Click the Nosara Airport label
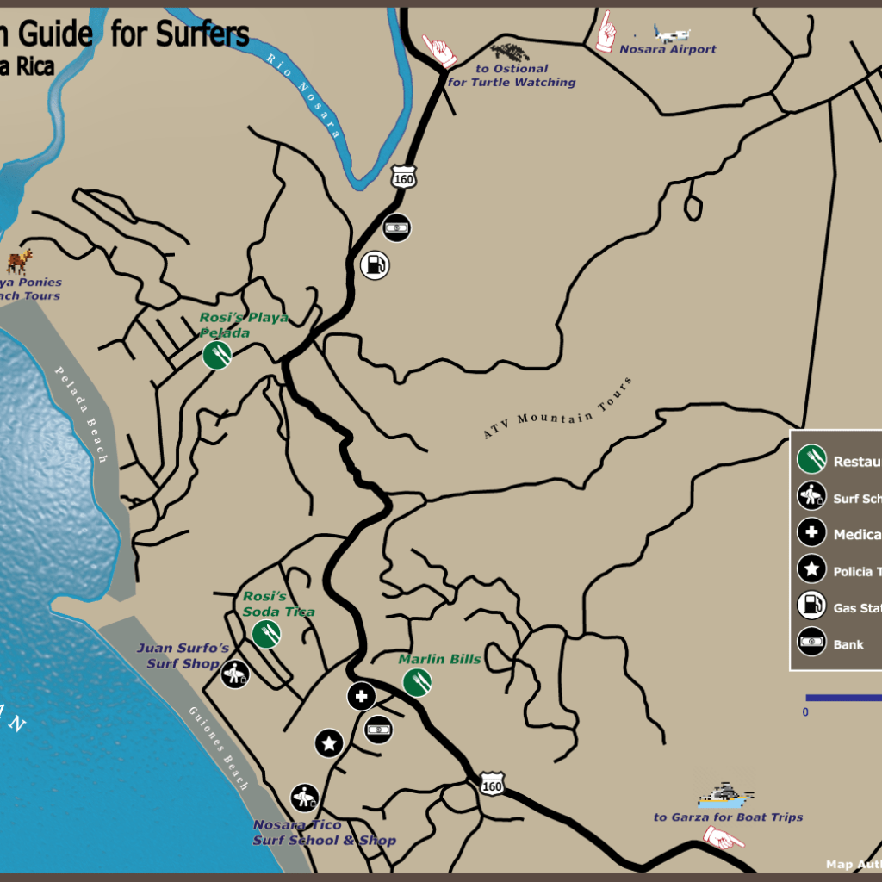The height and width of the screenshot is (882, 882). (x=668, y=50)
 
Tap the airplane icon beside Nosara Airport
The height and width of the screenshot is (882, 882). (x=672, y=34)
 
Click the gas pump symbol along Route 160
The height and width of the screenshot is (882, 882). (x=375, y=264)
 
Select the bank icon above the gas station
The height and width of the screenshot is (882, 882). (x=396, y=227)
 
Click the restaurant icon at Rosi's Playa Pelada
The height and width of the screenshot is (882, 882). (x=217, y=354)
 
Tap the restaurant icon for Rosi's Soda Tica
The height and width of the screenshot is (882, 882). (x=266, y=634)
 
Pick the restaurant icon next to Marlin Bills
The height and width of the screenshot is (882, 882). (x=417, y=682)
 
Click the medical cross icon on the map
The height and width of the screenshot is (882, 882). (x=361, y=696)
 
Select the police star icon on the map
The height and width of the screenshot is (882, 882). (x=328, y=742)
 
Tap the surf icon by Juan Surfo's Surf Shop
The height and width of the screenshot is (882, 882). (x=234, y=674)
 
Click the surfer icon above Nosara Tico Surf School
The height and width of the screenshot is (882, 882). (x=304, y=798)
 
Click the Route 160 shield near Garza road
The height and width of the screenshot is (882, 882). (x=492, y=786)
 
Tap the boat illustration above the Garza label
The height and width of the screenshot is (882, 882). (x=724, y=795)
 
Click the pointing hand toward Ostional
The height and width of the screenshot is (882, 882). (x=440, y=52)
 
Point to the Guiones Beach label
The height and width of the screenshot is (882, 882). (x=219, y=748)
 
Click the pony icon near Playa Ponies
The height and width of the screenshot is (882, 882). (x=20, y=261)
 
